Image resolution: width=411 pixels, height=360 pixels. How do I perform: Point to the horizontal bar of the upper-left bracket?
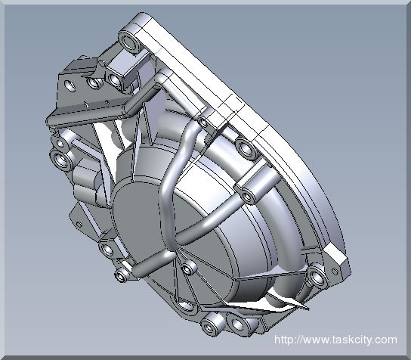pyautogui.click(x=83, y=114)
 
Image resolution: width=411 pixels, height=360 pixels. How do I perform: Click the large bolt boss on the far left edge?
pyautogui.click(x=60, y=160)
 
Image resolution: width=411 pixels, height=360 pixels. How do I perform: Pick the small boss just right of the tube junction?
pyautogui.click(x=190, y=268)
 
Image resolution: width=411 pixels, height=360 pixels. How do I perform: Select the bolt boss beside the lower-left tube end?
pyautogui.click(x=107, y=247)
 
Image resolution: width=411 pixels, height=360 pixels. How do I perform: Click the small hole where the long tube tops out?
pyautogui.click(x=202, y=120)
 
